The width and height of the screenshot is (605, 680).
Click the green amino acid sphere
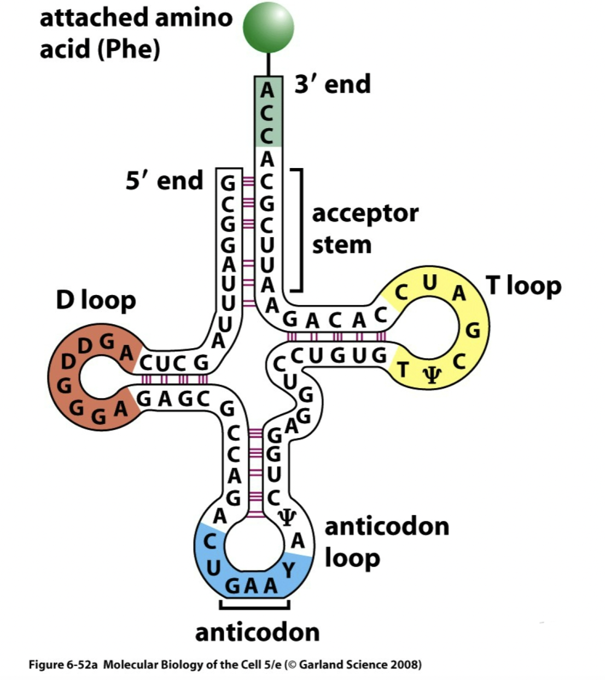pyautogui.click(x=268, y=28)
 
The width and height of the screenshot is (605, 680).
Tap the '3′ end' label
pyautogui.click(x=333, y=84)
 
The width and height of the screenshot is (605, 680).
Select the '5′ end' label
pyautogui.click(x=164, y=181)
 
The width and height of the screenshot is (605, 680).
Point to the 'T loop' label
pyautogui.click(x=523, y=286)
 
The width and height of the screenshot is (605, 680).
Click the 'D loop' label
pyautogui.click(x=96, y=301)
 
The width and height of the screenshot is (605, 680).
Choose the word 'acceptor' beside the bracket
pyautogui.click(x=365, y=214)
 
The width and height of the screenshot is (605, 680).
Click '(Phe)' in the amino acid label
pyautogui.click(x=129, y=49)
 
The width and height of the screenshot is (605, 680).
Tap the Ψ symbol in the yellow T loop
pyautogui.click(x=432, y=376)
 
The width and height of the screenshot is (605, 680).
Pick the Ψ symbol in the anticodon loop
pyautogui.click(x=287, y=517)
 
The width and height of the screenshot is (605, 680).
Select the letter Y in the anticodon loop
pyautogui.click(x=288, y=570)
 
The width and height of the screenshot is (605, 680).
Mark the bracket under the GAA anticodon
pyautogui.click(x=254, y=605)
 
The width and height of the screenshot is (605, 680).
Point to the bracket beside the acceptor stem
pyautogui.click(x=299, y=230)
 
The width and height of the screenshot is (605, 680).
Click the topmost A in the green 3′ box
pyautogui.click(x=267, y=90)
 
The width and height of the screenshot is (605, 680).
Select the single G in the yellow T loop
pyautogui.click(x=472, y=331)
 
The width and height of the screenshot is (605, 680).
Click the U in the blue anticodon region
pyautogui.click(x=213, y=568)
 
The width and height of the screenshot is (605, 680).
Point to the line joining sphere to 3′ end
pyautogui.click(x=268, y=64)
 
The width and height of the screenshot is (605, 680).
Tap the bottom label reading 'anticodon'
pyautogui.click(x=257, y=632)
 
